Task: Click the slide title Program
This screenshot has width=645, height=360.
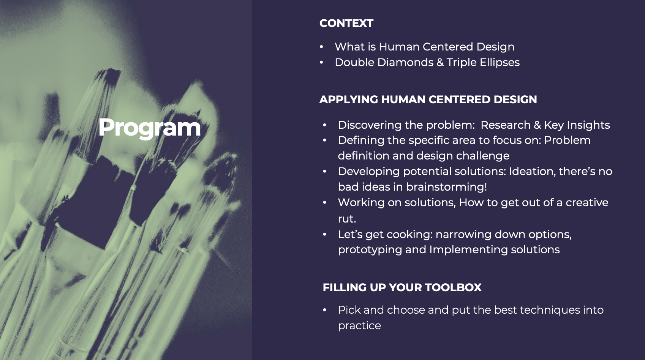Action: [x=149, y=128]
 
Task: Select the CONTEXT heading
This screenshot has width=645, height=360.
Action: [x=346, y=23]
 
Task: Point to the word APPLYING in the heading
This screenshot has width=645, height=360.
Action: [x=348, y=99]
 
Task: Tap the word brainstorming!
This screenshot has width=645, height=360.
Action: [x=447, y=187]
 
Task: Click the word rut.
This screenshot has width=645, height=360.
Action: [x=347, y=219]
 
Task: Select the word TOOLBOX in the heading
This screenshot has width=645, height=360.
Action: [x=453, y=287]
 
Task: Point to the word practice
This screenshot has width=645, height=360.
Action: [x=359, y=326]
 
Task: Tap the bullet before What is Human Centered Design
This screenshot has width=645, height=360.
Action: [x=321, y=47]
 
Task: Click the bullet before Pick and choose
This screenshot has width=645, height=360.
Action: [x=325, y=310]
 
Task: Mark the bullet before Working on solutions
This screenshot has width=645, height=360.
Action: [x=325, y=202]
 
